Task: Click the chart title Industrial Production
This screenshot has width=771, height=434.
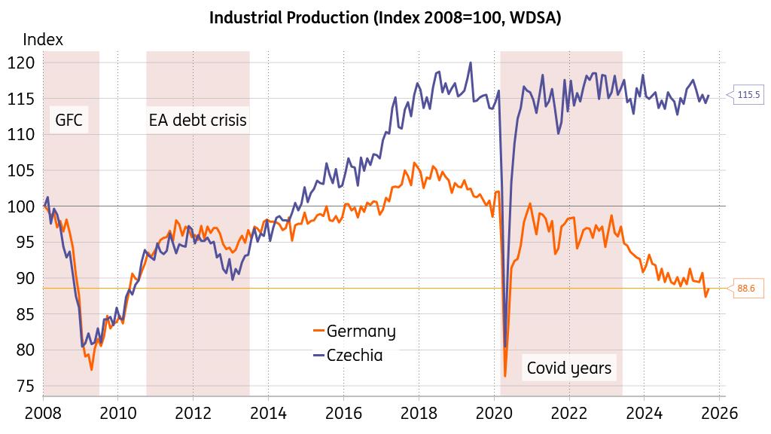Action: click(x=385, y=18)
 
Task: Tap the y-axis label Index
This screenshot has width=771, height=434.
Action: click(x=43, y=40)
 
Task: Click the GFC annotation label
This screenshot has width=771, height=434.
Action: click(x=69, y=119)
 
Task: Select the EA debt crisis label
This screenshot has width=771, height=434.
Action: click(x=197, y=119)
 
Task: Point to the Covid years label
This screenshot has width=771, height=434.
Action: click(x=569, y=368)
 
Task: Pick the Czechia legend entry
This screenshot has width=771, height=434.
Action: click(x=355, y=355)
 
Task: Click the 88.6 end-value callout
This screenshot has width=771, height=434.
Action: click(x=746, y=288)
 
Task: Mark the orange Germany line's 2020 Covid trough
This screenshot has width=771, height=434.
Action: click(x=504, y=375)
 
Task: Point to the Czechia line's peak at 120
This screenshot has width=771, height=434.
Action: click(x=471, y=63)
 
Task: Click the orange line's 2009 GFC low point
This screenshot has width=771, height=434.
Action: click(x=92, y=369)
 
